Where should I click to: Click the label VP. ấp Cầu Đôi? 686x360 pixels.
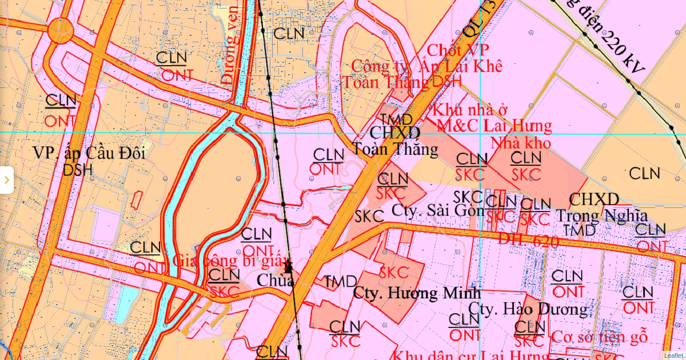click(x=89, y=153)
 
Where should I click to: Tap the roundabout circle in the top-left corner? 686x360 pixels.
click(x=61, y=30)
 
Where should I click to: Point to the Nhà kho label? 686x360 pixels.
click(x=520, y=142)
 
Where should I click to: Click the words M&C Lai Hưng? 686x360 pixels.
click(x=494, y=126)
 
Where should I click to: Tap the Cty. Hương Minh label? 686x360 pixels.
click(x=417, y=293)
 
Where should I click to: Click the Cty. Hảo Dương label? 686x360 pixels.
click(x=528, y=309)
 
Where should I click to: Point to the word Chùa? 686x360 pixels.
click(x=276, y=281)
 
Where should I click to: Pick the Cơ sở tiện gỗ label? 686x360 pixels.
click(x=599, y=337)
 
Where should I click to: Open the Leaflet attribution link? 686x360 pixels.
click(x=673, y=355)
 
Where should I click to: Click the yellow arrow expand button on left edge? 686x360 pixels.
click(x=6, y=180)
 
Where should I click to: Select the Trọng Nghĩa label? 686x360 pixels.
click(x=602, y=216)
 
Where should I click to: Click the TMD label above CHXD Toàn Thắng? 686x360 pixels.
click(x=396, y=119)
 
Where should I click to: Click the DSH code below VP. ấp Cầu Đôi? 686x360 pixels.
click(x=78, y=170)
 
